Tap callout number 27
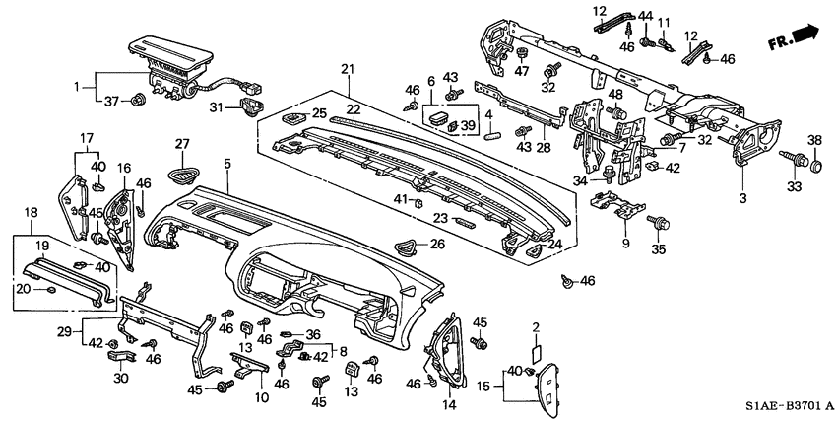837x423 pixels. click(x=181, y=145)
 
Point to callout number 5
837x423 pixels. click(x=227, y=163)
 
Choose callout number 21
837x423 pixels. click(x=346, y=68)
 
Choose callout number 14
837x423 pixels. click(x=449, y=403)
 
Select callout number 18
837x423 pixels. click(x=32, y=212)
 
